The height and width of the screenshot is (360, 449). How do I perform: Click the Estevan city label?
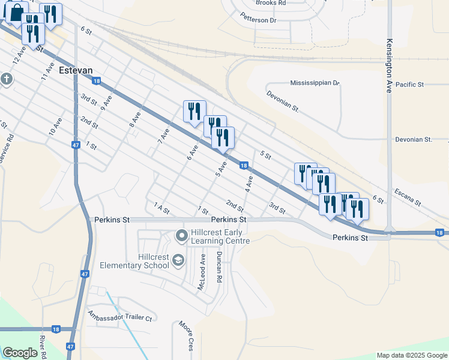point(76,70)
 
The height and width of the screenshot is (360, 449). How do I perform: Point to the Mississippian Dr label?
point(315,83)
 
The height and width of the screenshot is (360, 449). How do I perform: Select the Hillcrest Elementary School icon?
point(178,260)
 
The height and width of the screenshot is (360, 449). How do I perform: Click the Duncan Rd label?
point(220,267)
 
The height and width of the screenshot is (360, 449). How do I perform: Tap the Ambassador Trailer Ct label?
point(120,316)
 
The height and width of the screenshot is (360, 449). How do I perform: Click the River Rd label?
point(43,347)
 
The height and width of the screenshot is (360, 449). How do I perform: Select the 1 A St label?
point(161,208)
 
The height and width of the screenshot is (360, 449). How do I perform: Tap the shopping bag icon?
point(16,11)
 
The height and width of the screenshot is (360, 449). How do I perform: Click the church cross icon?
point(6,79)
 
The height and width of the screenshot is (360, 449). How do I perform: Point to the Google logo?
point(20,353)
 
